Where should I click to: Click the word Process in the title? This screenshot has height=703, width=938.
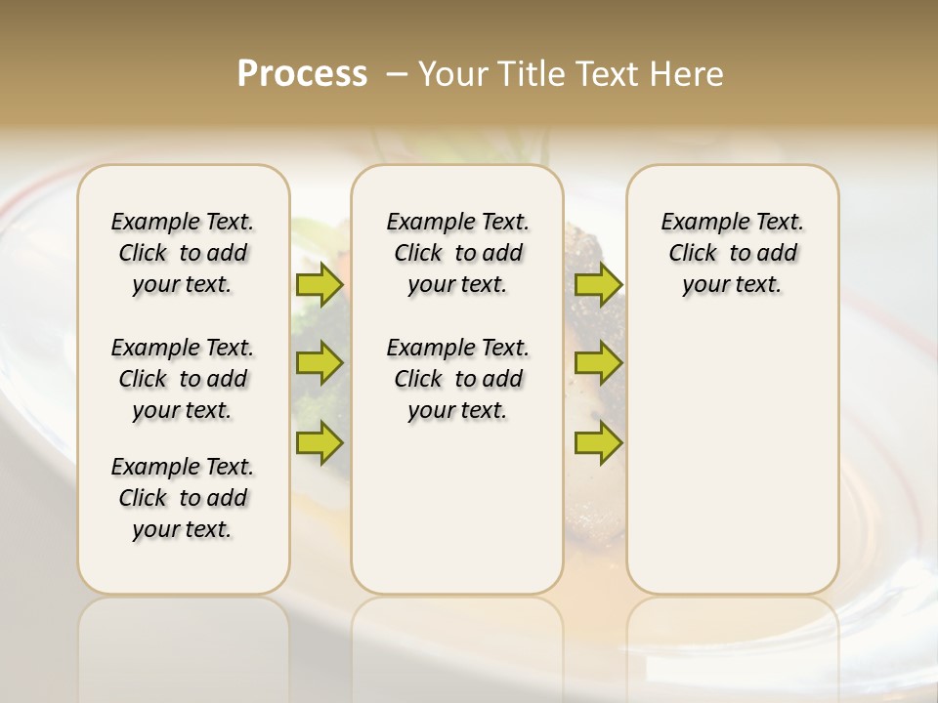pos(302,73)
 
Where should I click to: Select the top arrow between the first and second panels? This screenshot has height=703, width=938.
pos(320,284)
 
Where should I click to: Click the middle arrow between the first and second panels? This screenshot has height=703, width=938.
pos(320,363)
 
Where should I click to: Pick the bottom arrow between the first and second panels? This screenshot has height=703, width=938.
pos(320,442)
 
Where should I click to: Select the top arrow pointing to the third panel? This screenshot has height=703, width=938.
pos(598,284)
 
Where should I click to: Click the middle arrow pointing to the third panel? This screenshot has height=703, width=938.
pos(598,363)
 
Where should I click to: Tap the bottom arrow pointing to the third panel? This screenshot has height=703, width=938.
pos(598,442)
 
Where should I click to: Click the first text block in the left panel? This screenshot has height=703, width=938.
pos(183,253)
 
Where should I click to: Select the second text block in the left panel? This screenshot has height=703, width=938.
pos(183,379)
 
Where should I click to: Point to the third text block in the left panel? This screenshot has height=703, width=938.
pos(183,498)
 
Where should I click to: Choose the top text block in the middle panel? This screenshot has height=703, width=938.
pos(457,253)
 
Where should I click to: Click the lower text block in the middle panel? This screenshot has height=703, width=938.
pos(457,379)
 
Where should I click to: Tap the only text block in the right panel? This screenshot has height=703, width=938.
pos(732,253)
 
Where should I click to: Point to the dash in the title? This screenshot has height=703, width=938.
pos(397,74)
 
